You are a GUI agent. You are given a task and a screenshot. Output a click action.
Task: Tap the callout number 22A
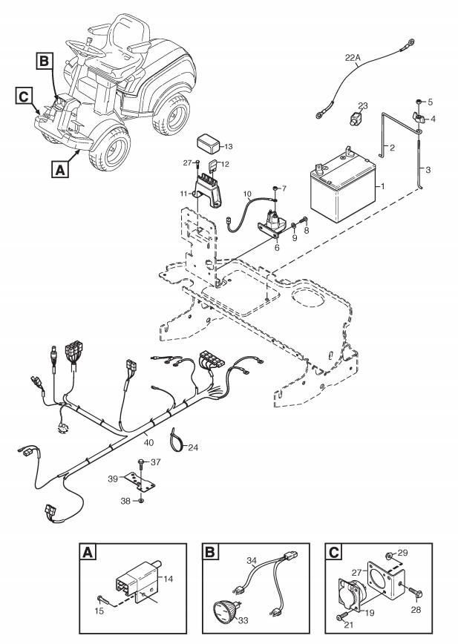(x=353, y=58)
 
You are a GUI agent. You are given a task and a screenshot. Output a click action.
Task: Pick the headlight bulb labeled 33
(x=224, y=611)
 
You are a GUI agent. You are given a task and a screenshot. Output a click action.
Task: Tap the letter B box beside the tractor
(x=44, y=61)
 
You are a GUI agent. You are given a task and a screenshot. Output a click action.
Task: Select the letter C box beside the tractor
(x=24, y=96)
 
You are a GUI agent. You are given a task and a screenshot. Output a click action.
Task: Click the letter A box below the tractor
(x=60, y=169)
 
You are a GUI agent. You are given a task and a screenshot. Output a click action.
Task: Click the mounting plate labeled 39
(x=140, y=482)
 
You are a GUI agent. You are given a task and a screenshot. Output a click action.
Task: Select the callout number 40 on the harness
(x=148, y=443)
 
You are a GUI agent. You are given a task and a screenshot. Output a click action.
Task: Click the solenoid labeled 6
(x=272, y=225)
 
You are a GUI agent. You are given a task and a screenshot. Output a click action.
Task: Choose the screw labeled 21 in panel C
(x=341, y=617)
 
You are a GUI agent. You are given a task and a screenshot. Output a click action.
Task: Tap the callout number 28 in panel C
(x=416, y=610)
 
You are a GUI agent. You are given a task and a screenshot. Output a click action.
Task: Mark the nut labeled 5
(x=418, y=102)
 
